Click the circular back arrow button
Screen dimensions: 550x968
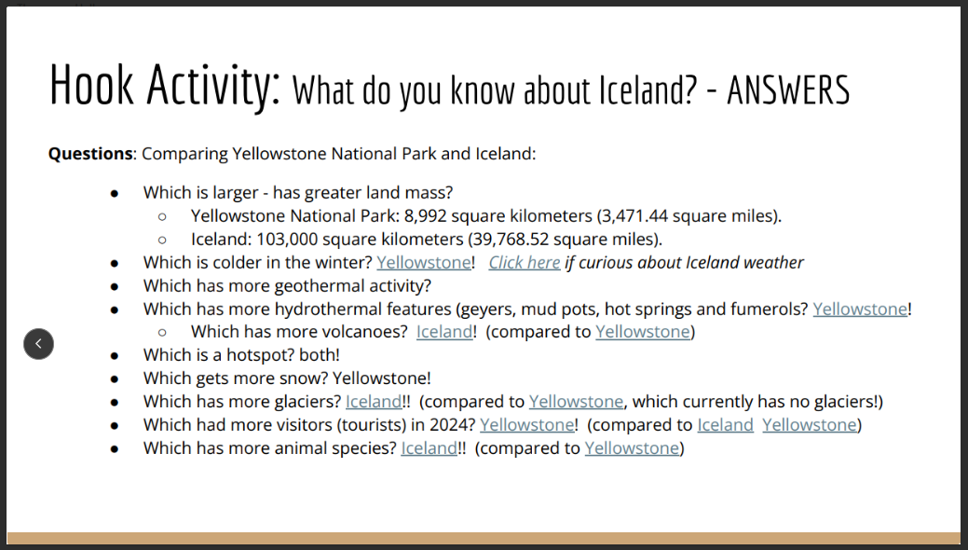(38, 344)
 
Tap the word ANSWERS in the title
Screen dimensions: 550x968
(788, 90)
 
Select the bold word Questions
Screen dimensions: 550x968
(90, 154)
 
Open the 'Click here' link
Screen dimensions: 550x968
(525, 263)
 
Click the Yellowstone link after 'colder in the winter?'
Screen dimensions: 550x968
(424, 263)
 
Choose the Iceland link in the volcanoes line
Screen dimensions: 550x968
(443, 332)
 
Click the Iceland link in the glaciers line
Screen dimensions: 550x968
(373, 402)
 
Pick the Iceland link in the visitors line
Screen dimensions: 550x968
(725, 425)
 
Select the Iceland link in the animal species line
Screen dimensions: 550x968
(429, 448)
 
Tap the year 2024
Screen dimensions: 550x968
(454, 425)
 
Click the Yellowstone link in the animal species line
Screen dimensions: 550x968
(632, 448)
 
